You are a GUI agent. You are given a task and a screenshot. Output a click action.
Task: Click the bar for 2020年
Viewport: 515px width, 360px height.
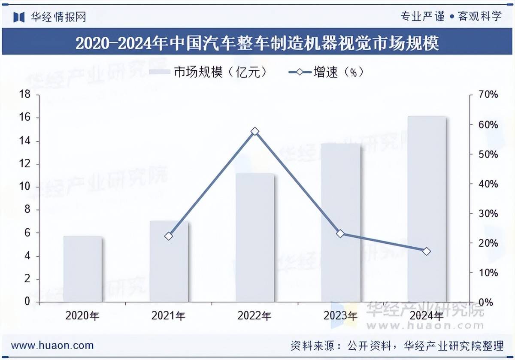click(83, 269)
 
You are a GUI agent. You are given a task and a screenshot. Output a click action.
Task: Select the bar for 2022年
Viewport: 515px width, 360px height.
click(255, 238)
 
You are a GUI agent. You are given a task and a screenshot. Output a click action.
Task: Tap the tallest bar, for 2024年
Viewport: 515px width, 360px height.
click(427, 209)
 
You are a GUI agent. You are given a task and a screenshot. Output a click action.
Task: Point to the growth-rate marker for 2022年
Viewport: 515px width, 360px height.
click(255, 131)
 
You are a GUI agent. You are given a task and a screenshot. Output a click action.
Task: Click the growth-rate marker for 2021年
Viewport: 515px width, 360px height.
click(169, 236)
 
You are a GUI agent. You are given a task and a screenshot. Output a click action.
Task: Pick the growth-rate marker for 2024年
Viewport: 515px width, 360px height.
click(426, 251)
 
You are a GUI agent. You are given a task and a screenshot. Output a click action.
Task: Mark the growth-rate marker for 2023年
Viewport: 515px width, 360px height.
click(340, 234)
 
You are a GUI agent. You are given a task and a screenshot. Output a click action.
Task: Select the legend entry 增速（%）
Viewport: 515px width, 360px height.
click(327, 72)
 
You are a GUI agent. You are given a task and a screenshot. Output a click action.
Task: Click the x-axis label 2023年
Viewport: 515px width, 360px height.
click(340, 316)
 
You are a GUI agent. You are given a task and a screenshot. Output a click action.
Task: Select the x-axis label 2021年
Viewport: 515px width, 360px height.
click(169, 316)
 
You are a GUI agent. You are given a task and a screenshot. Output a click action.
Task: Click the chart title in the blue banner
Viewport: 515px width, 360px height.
click(257, 43)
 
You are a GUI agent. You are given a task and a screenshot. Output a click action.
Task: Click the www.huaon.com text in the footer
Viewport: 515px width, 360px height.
click(52, 345)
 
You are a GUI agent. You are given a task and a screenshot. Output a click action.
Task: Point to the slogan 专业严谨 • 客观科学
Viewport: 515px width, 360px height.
click(451, 16)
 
